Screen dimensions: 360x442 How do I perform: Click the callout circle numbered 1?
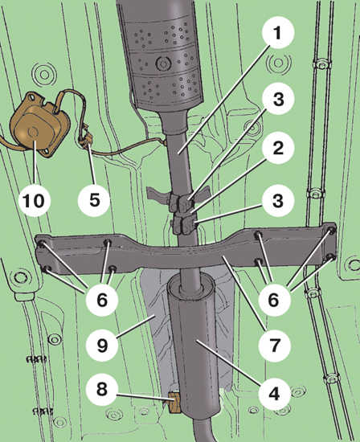coord(278,33)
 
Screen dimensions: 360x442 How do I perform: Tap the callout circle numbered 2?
coord(278,148)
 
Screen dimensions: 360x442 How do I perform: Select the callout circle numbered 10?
coord(35,200)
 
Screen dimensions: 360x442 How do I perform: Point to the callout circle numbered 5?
coord(94,200)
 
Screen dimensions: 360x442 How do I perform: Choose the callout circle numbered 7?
coord(274,346)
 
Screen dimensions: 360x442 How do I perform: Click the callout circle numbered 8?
coord(102,389)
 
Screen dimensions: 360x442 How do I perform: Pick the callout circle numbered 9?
coord(102,345)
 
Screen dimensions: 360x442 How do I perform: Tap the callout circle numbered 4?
coord(274,393)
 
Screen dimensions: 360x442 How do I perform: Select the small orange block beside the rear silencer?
coord(174,403)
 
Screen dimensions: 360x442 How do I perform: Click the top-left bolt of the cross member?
coord(41,244)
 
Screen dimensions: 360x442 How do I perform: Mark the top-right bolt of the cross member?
coord(332,231)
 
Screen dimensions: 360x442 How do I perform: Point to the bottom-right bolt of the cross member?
coord(332,257)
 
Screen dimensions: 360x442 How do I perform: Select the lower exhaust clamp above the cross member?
coord(183,224)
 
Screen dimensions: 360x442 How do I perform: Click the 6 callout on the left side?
coord(102,299)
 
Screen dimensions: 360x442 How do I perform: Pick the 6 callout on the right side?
coord(274,300)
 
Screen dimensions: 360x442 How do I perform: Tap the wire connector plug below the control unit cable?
coord(85,138)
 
